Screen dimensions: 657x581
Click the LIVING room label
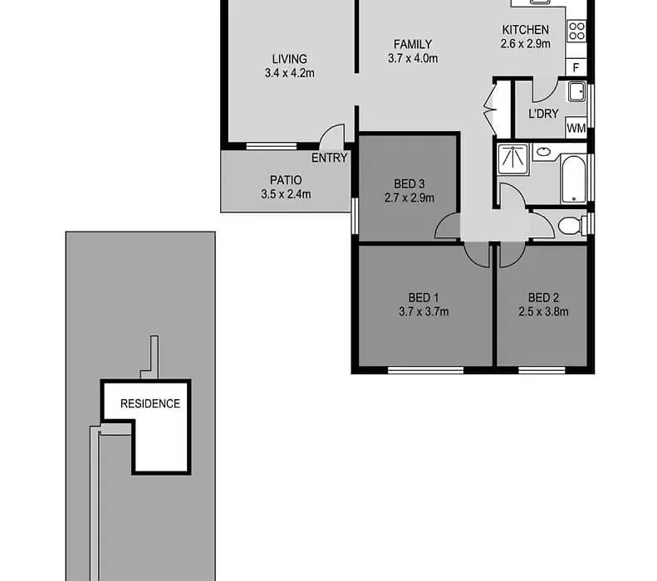(x=290, y=59)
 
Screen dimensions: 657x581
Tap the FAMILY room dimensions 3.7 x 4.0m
(x=413, y=58)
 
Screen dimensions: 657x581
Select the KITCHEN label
(x=526, y=30)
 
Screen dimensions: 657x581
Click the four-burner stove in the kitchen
(x=576, y=31)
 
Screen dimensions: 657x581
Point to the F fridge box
(x=576, y=67)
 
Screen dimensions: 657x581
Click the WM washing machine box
(x=576, y=127)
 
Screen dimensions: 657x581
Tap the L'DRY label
(x=543, y=114)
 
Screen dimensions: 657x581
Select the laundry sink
(x=577, y=92)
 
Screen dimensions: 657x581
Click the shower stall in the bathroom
(x=513, y=159)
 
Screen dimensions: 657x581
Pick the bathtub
(x=573, y=178)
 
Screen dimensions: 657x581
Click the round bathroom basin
(x=544, y=152)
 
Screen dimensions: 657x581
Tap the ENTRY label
(x=330, y=158)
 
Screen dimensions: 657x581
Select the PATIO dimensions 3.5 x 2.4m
(x=286, y=194)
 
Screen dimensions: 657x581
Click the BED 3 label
(x=409, y=183)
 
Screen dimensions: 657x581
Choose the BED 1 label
(x=424, y=298)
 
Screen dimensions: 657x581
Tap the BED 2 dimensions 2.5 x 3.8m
(x=543, y=311)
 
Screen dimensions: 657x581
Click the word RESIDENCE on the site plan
(x=150, y=403)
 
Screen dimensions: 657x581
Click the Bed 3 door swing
(x=443, y=222)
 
